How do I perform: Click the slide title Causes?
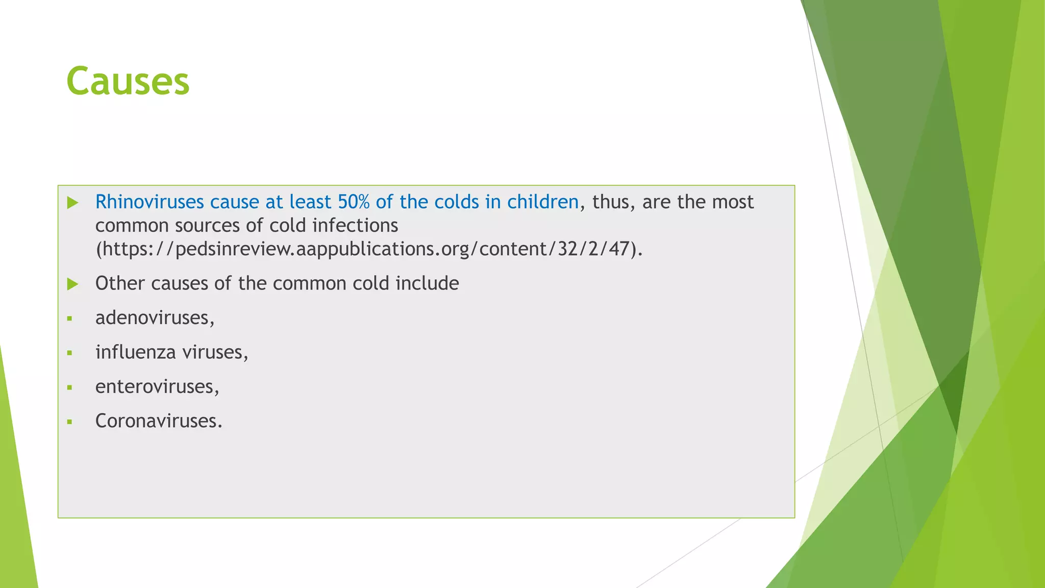(128, 82)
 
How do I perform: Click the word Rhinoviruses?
(150, 202)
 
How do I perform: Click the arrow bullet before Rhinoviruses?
(72, 203)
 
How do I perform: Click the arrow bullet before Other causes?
(72, 284)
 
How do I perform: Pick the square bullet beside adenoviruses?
(70, 319)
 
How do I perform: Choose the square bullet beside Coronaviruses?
(70, 422)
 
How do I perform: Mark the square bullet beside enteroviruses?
(70, 388)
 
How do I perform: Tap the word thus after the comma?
(611, 202)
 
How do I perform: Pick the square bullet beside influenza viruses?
(70, 353)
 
